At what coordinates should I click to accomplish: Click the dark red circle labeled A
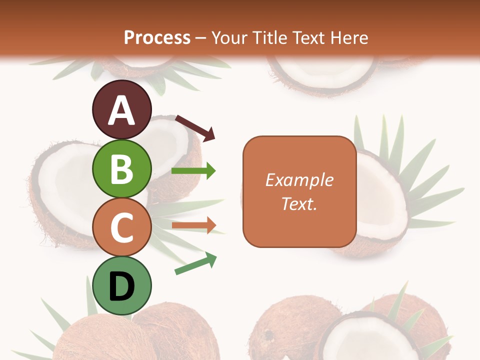click(x=122, y=109)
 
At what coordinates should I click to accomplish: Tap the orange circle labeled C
click(x=122, y=227)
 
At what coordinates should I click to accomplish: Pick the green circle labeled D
click(x=122, y=286)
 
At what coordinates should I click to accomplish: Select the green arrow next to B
click(x=193, y=171)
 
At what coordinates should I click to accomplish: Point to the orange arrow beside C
click(x=193, y=225)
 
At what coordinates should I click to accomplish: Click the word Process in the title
click(x=157, y=37)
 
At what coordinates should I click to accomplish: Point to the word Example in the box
click(x=299, y=180)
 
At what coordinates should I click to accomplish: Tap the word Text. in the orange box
click(x=299, y=203)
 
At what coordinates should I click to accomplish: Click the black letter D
click(x=122, y=286)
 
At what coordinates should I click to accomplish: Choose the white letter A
click(x=122, y=110)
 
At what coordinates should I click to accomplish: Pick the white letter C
click(x=122, y=227)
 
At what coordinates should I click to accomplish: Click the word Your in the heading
click(x=230, y=37)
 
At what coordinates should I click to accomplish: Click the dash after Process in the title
click(x=201, y=38)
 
